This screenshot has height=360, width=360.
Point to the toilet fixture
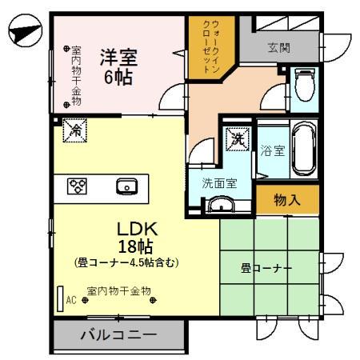[x=304, y=82]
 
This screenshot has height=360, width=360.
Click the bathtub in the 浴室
[x=303, y=150]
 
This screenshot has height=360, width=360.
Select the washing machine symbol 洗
[x=238, y=138]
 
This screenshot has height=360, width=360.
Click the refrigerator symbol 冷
[x=74, y=128]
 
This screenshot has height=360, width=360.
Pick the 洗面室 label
[x=218, y=182]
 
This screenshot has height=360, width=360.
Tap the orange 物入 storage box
[x=287, y=199]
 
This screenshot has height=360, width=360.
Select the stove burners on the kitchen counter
[x=77, y=186]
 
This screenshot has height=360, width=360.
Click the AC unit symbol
[x=60, y=298]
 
